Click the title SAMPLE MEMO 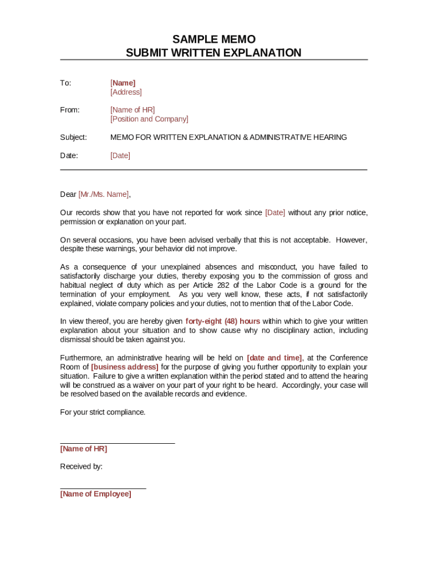tap(213, 39)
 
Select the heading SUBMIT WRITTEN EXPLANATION tap(213, 53)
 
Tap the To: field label tap(65, 83)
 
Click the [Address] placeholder tap(126, 92)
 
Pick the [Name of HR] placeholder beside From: tap(133, 110)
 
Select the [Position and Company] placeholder tap(149, 119)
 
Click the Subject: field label tap(73, 137)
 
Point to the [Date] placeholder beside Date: tap(120, 155)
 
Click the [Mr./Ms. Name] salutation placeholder tap(104, 194)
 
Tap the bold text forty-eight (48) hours tap(222, 321)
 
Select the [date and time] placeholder tap(274, 358)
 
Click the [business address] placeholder tap(125, 367)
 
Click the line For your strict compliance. tap(103, 412)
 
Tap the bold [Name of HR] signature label tap(83, 449)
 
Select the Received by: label tap(81, 466)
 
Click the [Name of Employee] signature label tap(95, 494)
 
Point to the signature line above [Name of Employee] tap(103, 488)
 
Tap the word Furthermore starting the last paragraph tap(82, 358)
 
